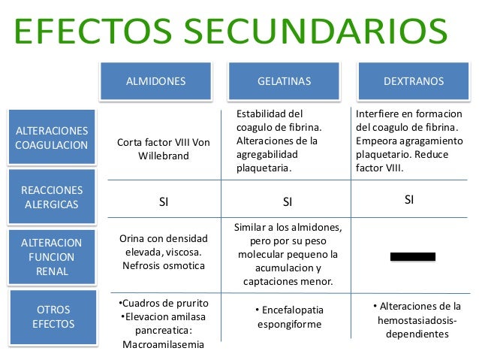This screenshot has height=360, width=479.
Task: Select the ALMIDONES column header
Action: (155, 80)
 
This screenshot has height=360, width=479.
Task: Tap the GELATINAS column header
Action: (285, 80)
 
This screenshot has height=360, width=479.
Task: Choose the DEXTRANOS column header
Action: (414, 80)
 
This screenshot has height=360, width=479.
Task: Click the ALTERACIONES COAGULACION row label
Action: (52, 138)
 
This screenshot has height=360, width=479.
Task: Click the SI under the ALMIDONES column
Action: (164, 201)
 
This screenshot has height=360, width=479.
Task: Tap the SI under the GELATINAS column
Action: (288, 201)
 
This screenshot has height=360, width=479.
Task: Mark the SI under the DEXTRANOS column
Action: (409, 200)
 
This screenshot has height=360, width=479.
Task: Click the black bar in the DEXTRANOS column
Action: (412, 257)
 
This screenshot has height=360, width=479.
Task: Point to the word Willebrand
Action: (164, 156)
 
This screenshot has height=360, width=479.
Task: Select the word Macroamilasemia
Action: (162, 346)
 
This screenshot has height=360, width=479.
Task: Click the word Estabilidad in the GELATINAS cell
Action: (264, 113)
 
